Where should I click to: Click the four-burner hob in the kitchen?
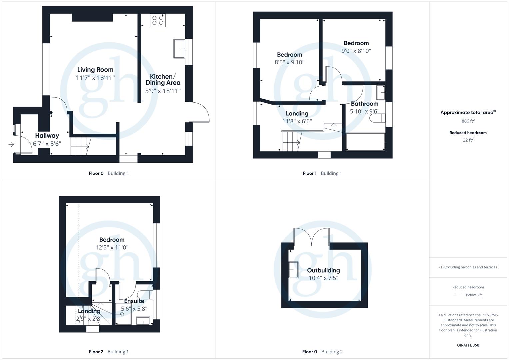click(158, 20)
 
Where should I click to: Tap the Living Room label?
click(95, 70)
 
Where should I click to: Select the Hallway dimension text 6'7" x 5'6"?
click(47, 144)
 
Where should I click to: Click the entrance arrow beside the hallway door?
click(11, 144)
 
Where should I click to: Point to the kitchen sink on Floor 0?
click(179, 49)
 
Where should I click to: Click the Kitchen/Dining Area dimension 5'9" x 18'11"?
click(163, 91)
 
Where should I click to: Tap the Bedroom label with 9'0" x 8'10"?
click(356, 43)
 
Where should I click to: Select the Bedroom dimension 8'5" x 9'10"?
click(289, 62)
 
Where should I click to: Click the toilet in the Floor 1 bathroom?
click(377, 118)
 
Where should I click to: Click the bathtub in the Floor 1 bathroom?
click(365, 142)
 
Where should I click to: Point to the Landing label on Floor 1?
click(297, 113)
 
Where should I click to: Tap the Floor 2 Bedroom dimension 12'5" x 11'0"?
click(112, 247)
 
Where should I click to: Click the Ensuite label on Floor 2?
click(134, 301)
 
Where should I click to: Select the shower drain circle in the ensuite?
click(122, 314)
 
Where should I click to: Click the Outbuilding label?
click(323, 270)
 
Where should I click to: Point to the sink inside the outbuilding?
click(293, 270)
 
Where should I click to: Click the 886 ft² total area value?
click(468, 121)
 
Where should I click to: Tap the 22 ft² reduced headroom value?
click(468, 140)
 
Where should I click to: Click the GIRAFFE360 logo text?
click(468, 345)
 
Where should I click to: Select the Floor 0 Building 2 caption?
click(322, 352)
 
